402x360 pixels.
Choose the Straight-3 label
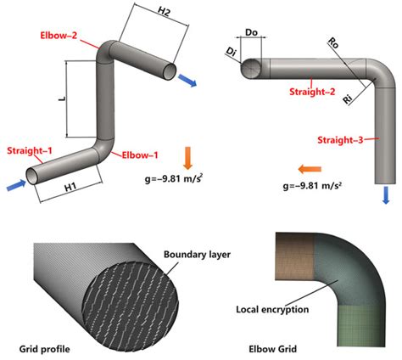pos(338,138)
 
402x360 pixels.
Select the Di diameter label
pos(232,53)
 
